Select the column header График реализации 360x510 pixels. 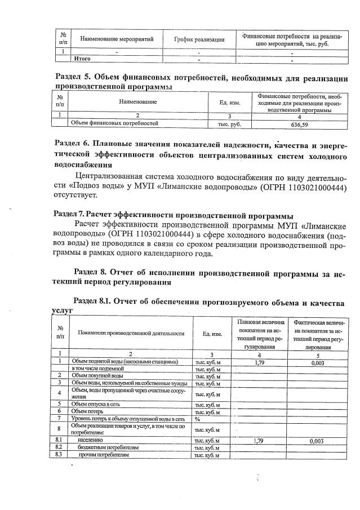(198, 39)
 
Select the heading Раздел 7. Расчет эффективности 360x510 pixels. (172, 215)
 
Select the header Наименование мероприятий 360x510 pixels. (113, 39)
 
